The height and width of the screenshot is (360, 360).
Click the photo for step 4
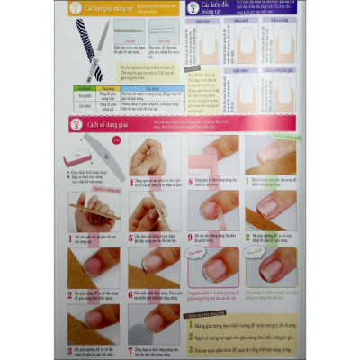click(x=152, y=155)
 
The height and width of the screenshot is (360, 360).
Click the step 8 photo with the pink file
click(x=212, y=155)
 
